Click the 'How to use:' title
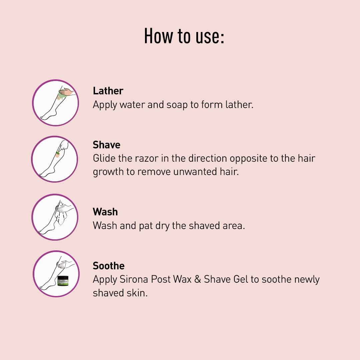(x=184, y=36)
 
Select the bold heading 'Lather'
(x=108, y=91)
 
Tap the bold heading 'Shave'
(x=107, y=145)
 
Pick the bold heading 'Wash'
(x=105, y=212)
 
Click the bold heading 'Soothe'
(x=109, y=266)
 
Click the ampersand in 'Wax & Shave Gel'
(x=197, y=279)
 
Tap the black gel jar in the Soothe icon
(x=63, y=281)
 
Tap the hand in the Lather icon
(x=67, y=92)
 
